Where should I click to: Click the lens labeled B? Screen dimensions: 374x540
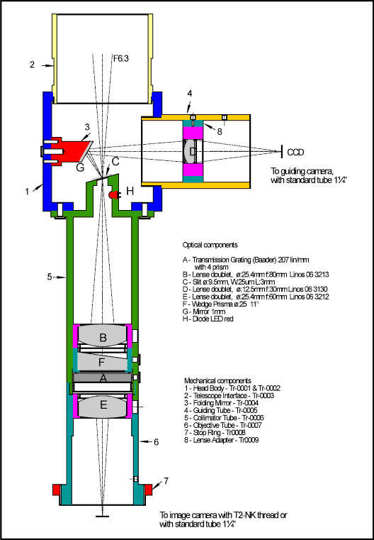[103, 338]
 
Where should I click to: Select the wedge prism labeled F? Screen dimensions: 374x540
[103, 362]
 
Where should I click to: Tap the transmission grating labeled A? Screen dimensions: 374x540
[103, 378]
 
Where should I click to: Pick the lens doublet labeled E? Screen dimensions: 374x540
[103, 405]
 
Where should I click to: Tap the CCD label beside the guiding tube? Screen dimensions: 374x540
[295, 153]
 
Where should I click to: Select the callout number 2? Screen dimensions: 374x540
[32, 65]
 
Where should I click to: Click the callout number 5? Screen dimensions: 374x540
[50, 277]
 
